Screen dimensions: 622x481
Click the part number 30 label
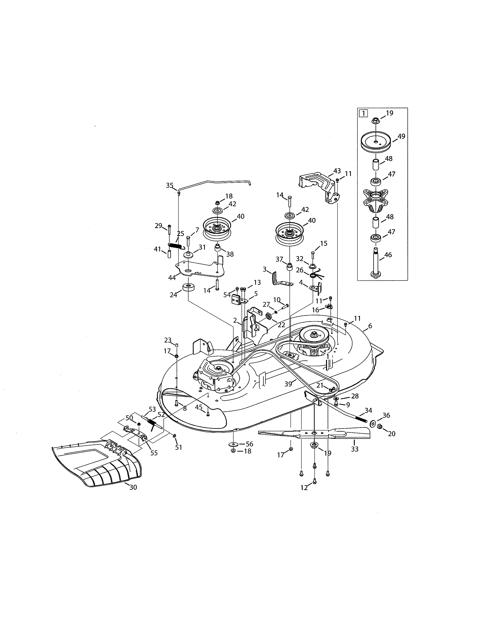point(133,487)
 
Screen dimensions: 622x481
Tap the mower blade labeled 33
point(313,435)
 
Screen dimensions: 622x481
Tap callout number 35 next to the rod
point(170,186)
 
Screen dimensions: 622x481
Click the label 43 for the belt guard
point(337,171)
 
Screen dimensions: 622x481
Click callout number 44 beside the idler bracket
point(172,278)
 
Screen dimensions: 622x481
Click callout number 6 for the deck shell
point(370,326)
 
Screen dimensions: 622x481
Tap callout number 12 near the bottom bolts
point(304,488)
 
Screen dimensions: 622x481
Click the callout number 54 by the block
point(227,295)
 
